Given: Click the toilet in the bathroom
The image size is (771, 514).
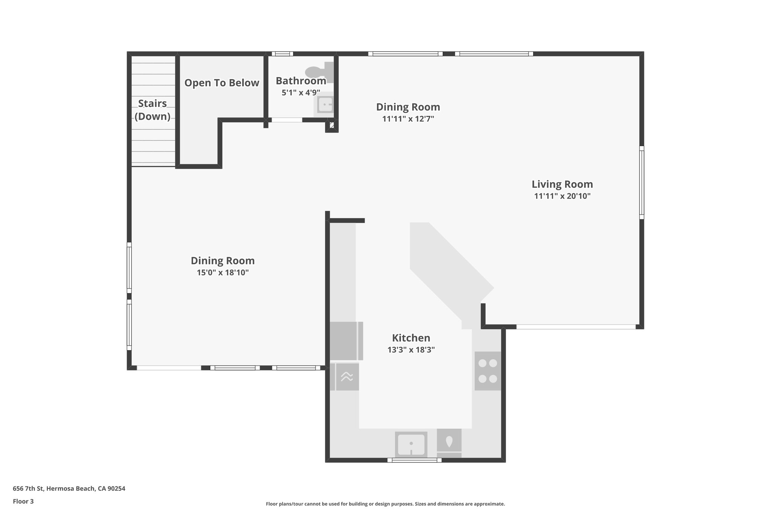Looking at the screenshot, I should pyautogui.click(x=318, y=72).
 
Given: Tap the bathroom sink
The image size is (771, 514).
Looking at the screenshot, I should pyautogui.click(x=325, y=104).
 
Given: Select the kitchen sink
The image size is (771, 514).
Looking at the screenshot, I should pyautogui.click(x=411, y=444).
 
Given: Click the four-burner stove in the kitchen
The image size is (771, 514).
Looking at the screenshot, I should pyautogui.click(x=488, y=371).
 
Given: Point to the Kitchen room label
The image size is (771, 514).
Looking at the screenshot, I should pyautogui.click(x=411, y=338).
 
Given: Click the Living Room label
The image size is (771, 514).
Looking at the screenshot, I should pyautogui.click(x=562, y=184).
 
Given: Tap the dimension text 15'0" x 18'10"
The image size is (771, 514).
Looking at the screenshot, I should pyautogui.click(x=222, y=273).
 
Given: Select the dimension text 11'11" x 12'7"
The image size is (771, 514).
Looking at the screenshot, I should pyautogui.click(x=408, y=119).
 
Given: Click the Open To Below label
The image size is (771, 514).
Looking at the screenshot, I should pyautogui.click(x=222, y=83).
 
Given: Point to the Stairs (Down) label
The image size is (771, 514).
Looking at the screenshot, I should pyautogui.click(x=152, y=110).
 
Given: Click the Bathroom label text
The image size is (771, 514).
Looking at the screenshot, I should pyautogui.click(x=301, y=81).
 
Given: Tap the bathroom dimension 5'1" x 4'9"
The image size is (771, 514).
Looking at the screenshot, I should pyautogui.click(x=301, y=92).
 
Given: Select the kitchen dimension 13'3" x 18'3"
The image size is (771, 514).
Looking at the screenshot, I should pyautogui.click(x=411, y=350).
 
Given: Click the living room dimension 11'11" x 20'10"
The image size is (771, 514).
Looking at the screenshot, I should pyautogui.click(x=562, y=196).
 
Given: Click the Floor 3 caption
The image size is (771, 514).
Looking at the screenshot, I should pyautogui.click(x=23, y=501).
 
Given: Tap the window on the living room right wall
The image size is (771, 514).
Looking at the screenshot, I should pyautogui.click(x=641, y=183).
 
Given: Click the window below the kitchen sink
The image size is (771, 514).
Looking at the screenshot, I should pyautogui.click(x=414, y=460).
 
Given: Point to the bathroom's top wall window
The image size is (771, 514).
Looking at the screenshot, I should pyautogui.click(x=282, y=54).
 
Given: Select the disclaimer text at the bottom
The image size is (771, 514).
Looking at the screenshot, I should pyautogui.click(x=385, y=504).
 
